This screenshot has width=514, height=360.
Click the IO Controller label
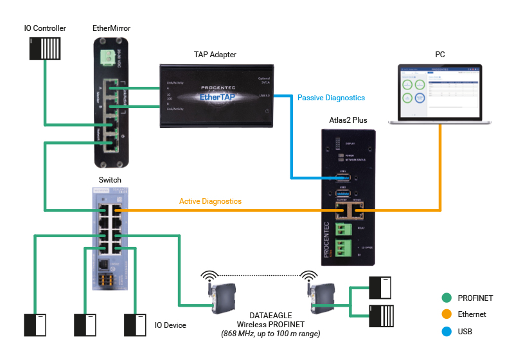[45, 28]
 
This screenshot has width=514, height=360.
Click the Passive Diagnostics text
[331, 98]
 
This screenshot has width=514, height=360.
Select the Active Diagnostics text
[210, 201]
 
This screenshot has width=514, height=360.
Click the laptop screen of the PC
[439, 93]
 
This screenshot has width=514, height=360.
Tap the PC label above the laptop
[439, 55]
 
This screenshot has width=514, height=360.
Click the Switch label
[110, 180]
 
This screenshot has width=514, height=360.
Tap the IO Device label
[170, 325]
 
